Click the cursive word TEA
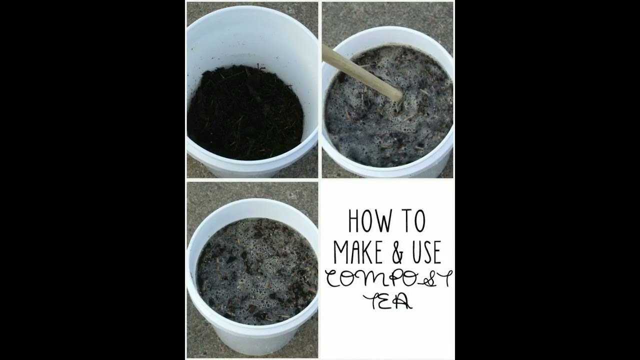388,301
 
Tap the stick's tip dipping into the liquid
397,95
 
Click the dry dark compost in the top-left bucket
245,115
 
